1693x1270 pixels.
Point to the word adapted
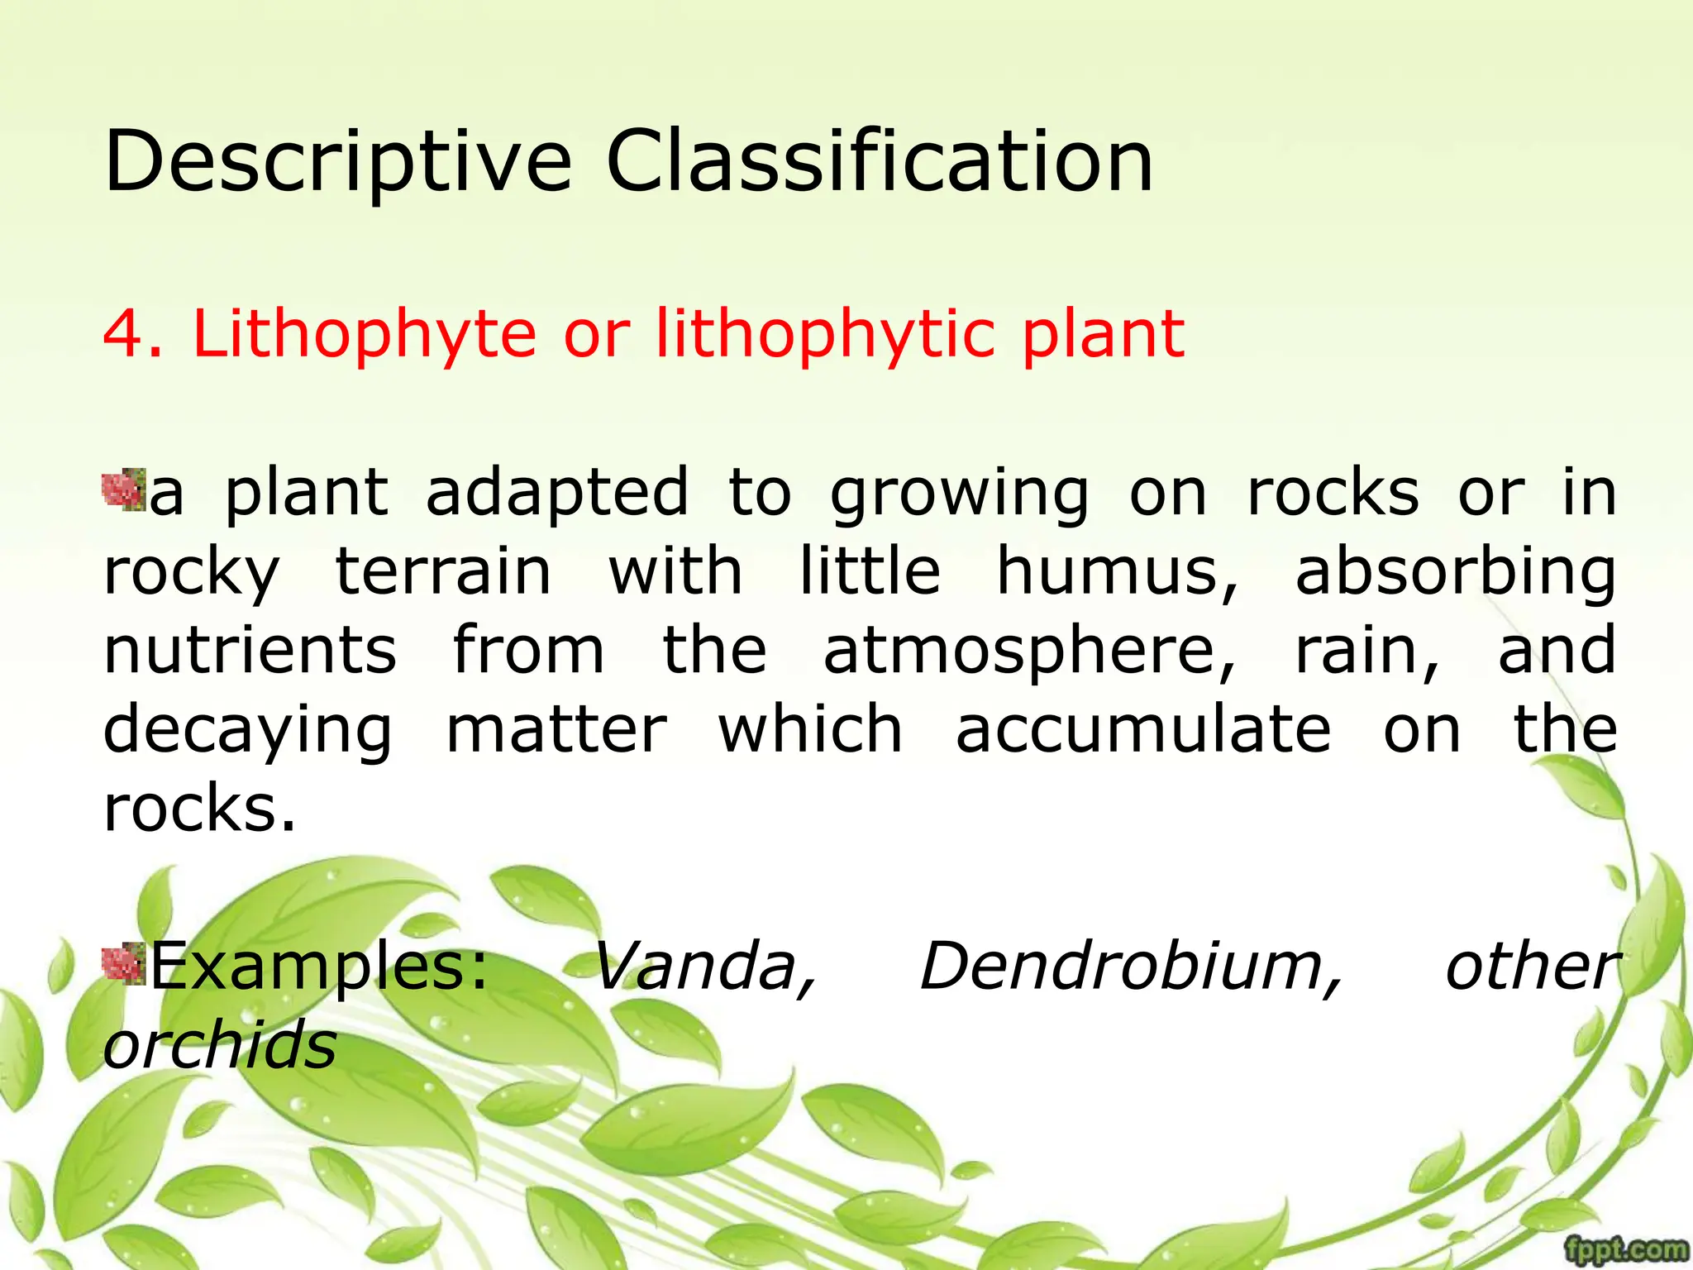click(556, 494)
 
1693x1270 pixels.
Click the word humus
click(1117, 571)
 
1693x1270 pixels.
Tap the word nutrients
click(250, 650)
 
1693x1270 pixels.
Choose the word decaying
click(247, 731)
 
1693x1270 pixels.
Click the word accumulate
click(1142, 729)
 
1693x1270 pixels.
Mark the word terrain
click(443, 571)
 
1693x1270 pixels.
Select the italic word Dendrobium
click(1130, 966)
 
